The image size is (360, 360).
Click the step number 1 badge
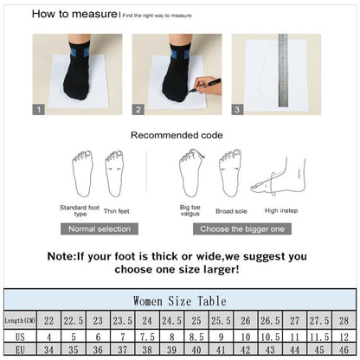click(39, 110)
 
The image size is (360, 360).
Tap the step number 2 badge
click(138, 110)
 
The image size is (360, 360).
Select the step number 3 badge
click(238, 110)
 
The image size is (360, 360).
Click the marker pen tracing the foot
click(208, 84)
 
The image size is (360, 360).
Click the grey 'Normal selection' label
click(100, 228)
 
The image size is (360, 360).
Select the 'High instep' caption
click(282, 210)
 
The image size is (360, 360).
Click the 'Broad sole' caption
click(231, 210)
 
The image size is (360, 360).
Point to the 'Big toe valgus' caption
click(190, 210)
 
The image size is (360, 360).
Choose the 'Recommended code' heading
click(177, 135)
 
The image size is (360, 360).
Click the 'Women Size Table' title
click(180, 300)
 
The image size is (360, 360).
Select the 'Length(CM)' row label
click(20, 320)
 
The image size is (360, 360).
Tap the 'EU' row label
click(20, 350)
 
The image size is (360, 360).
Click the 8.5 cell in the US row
click(196, 336)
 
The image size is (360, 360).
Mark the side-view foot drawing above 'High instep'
click(278, 177)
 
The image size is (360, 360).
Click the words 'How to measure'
click(74, 14)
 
